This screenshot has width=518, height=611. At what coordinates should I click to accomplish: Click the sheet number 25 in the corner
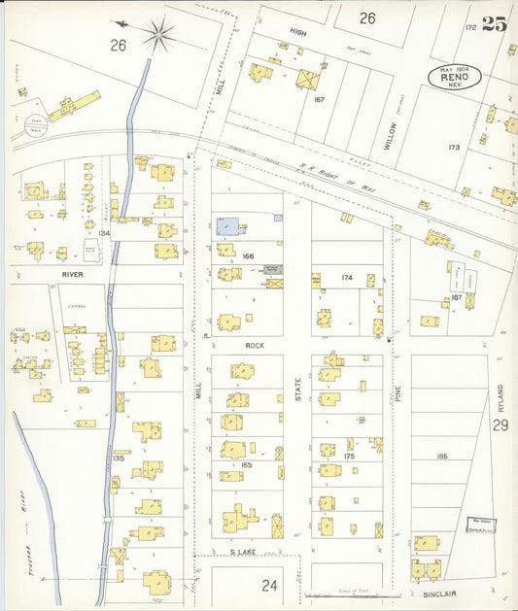pos(493,25)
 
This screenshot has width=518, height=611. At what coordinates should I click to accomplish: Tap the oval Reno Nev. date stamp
pos(454,77)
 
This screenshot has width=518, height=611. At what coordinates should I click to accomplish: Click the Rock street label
pos(255,345)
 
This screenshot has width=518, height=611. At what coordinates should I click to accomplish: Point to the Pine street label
pos(397,397)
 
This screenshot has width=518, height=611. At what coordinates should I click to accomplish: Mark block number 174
pos(346,278)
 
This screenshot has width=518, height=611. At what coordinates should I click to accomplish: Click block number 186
pos(441,456)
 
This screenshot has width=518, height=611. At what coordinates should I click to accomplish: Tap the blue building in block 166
pos(229,225)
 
